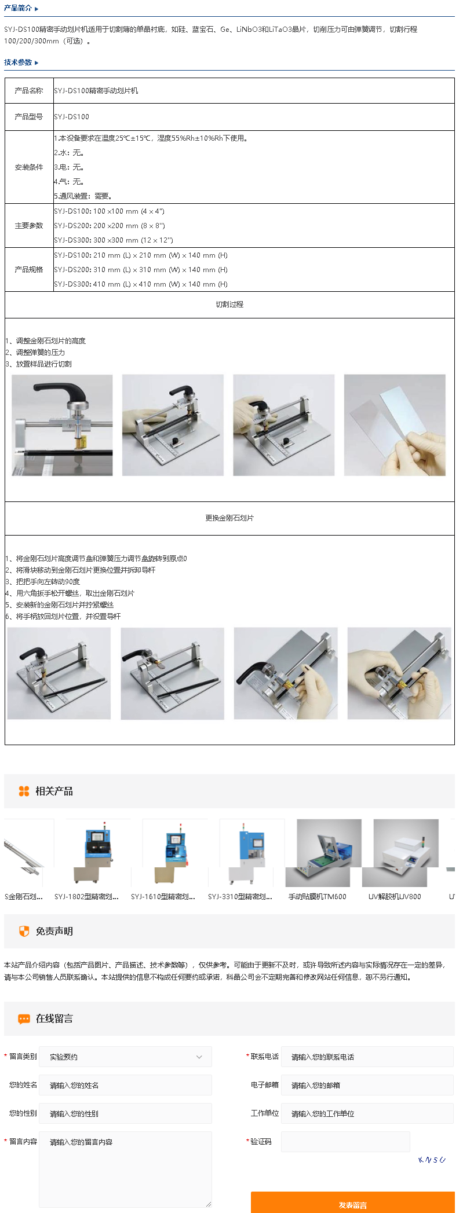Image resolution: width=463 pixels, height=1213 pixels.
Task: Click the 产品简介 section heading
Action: click(x=18, y=8)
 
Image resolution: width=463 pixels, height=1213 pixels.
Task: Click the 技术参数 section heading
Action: click(x=18, y=63)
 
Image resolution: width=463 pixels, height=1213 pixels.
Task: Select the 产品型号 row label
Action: click(x=29, y=117)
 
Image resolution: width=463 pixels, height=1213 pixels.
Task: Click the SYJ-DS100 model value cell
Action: click(x=72, y=117)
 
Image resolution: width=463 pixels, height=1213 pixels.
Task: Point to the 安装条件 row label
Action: click(x=29, y=167)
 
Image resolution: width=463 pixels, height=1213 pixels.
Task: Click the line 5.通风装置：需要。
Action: click(x=83, y=196)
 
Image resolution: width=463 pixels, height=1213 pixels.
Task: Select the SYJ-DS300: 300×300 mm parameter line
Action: click(x=114, y=240)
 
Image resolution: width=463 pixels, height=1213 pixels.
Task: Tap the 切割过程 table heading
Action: click(x=229, y=305)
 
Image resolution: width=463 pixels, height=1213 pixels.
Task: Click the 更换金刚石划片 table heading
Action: click(x=229, y=518)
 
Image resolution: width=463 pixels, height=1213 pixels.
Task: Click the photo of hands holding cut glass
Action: click(x=395, y=425)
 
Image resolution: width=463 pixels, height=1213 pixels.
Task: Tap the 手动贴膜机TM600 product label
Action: click(x=318, y=897)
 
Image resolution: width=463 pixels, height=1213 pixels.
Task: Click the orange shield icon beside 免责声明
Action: click(x=24, y=931)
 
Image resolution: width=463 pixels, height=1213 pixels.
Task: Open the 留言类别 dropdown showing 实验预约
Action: click(x=125, y=1057)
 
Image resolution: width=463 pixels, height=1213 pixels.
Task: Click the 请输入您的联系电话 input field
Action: click(x=367, y=1057)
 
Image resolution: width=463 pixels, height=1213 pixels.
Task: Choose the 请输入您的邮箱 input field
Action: click(x=367, y=1085)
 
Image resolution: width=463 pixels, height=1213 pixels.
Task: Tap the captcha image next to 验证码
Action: click(x=432, y=1160)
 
